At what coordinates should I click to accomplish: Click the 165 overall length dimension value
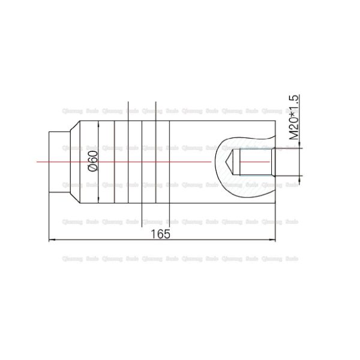pyautogui.click(x=160, y=234)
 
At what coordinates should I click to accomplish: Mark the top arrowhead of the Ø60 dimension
pyautogui.click(x=98, y=124)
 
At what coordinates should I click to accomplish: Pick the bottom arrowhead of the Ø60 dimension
pyautogui.click(x=98, y=199)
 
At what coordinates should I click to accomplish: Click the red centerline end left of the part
pyautogui.click(x=37, y=161)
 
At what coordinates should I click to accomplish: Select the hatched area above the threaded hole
pyautogui.click(x=240, y=142)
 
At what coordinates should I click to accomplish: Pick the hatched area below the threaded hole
pyautogui.click(x=240, y=181)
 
